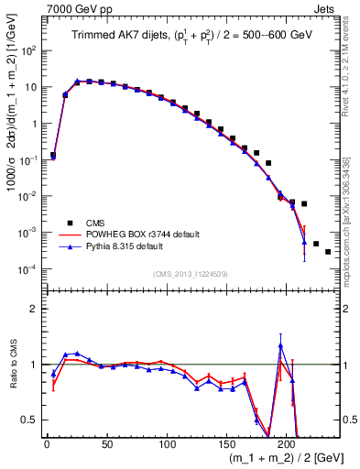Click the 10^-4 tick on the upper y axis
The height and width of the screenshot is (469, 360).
31,268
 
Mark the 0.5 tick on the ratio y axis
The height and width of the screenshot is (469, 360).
31,420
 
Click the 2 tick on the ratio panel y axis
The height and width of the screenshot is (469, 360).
35,309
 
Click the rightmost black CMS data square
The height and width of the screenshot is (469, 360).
328,251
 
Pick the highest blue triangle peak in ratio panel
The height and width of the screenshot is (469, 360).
280,346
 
